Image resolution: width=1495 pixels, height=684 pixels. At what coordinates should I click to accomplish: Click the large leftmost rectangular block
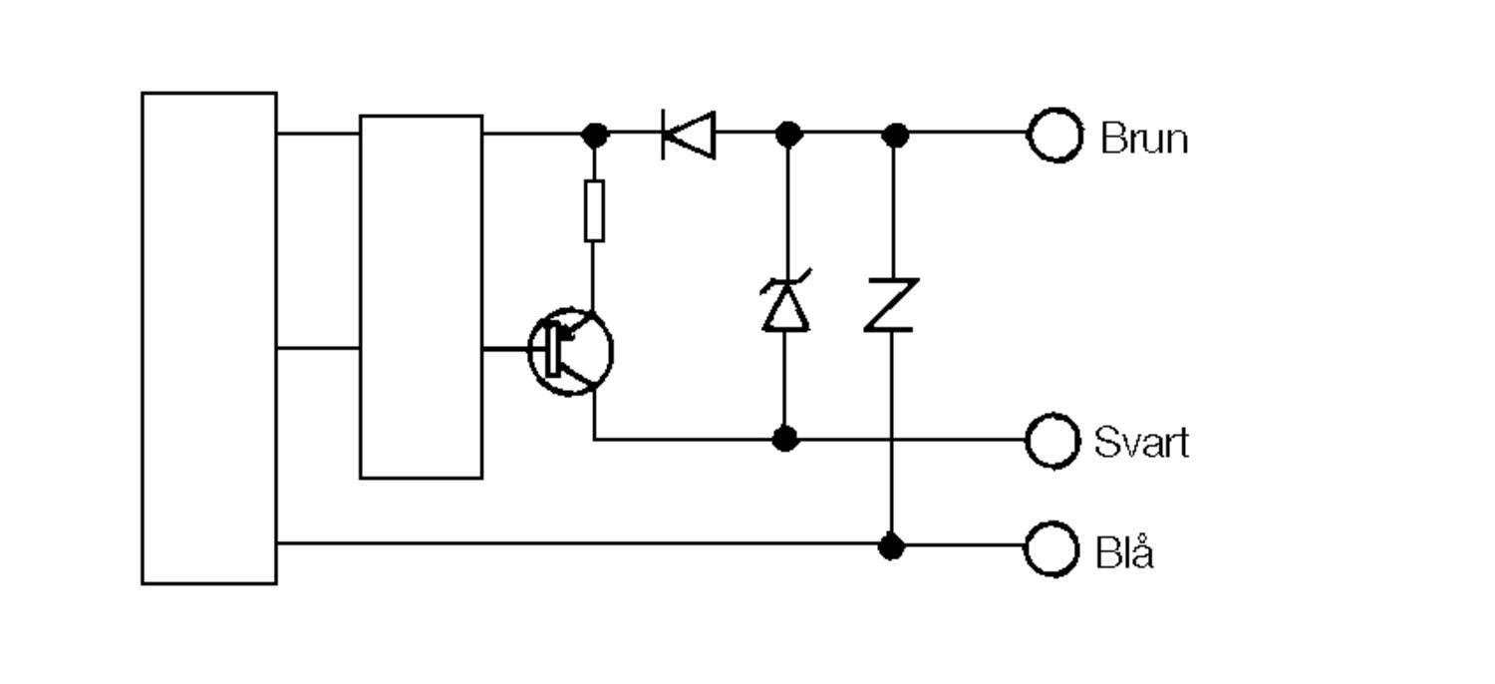point(209,338)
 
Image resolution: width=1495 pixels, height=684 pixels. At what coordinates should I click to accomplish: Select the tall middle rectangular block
point(421,297)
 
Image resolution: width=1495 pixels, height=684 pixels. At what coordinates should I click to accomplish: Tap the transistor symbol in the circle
point(570,350)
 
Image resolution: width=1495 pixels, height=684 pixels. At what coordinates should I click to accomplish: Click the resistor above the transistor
point(594,210)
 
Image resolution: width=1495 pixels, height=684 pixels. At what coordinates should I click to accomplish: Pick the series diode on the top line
point(689,135)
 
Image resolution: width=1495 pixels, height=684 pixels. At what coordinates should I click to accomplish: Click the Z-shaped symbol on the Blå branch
point(891,304)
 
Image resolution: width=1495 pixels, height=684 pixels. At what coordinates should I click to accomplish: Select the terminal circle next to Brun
point(1054,135)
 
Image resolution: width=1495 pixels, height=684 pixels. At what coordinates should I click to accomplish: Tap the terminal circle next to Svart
point(1052,440)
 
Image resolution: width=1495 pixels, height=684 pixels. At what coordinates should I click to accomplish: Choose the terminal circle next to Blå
point(1052,548)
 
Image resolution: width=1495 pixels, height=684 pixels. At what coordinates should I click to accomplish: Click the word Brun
point(1144,138)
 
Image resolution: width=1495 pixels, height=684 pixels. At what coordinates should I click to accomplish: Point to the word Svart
point(1141,442)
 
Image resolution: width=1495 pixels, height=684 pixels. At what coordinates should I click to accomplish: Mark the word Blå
point(1124,550)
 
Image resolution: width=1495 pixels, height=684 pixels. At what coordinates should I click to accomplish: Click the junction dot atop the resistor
point(594,134)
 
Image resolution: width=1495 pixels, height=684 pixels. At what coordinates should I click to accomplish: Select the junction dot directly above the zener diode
point(788,134)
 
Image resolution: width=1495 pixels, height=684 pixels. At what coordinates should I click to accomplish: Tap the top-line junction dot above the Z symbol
point(895,134)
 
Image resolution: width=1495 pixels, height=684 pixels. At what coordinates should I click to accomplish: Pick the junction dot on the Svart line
point(785,438)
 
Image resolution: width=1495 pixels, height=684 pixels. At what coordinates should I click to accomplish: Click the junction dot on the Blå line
point(892,545)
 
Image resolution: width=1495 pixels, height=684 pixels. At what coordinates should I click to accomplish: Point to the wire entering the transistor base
point(505,349)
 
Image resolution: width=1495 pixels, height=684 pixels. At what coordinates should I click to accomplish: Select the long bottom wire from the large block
point(578,543)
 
